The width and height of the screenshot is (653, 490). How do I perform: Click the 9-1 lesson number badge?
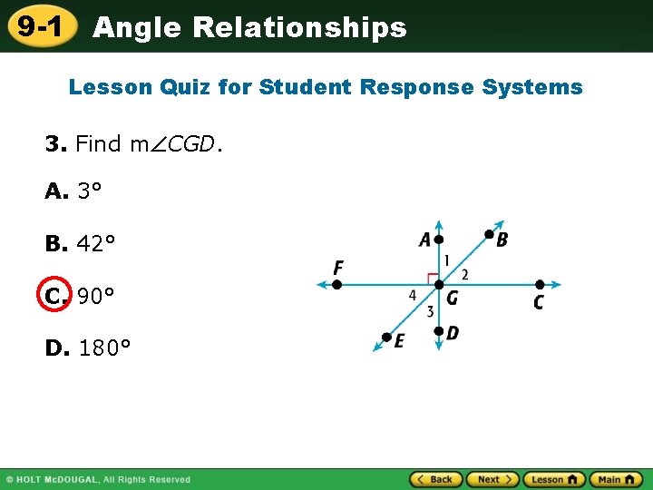pos(40,27)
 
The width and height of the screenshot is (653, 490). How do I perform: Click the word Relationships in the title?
pos(299,28)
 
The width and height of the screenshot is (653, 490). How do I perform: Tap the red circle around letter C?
pos(54,296)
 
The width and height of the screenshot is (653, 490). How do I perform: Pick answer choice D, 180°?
pos(88,348)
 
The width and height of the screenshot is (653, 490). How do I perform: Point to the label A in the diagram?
pos(424,240)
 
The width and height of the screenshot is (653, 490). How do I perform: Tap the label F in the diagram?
pos(338,268)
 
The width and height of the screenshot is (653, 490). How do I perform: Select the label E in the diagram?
pos(399,341)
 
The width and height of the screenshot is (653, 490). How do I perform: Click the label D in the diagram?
pos(453,334)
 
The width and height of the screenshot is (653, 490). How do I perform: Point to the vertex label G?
pos(452,297)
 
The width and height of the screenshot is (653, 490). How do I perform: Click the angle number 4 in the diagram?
pos(413,295)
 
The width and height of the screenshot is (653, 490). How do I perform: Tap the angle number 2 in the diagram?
pos(464,274)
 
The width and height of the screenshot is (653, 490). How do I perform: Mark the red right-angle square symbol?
pos(432,278)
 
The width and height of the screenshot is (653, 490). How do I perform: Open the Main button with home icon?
pos(616,479)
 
